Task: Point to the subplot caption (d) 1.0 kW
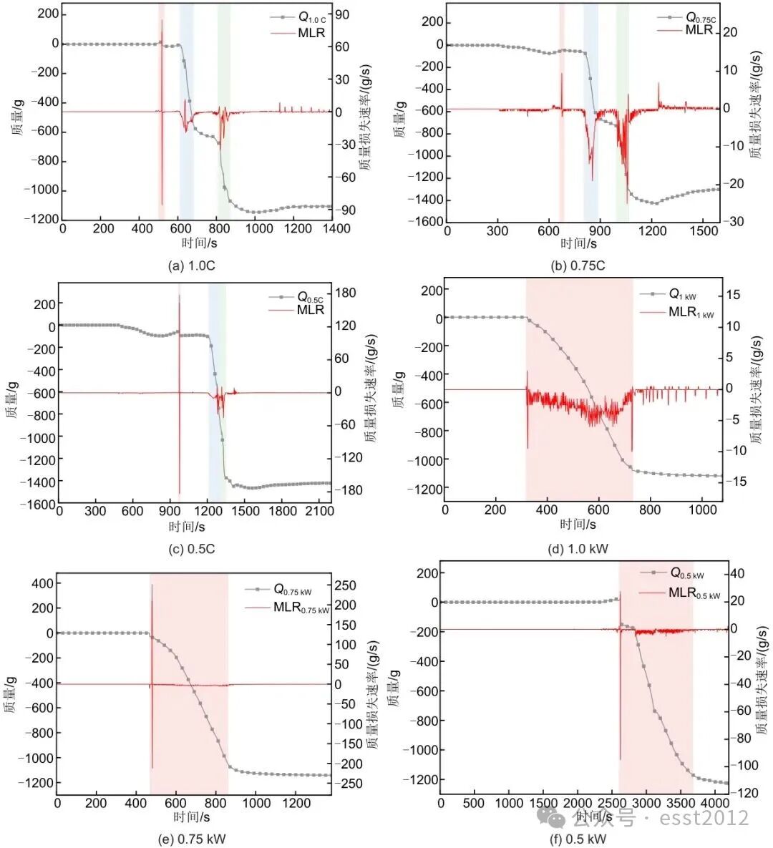578,549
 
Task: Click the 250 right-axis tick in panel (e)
346,585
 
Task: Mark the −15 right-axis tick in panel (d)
738,482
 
